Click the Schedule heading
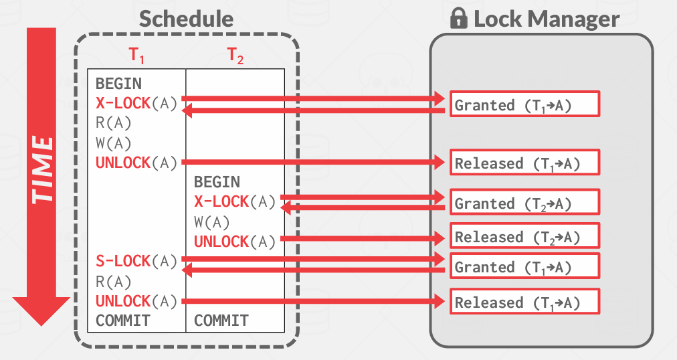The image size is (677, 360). coord(186,19)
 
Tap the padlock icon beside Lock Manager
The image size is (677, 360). coord(458,19)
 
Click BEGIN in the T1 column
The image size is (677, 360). coord(118,84)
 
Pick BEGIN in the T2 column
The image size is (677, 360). coord(217,182)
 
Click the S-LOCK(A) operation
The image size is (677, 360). coord(136,261)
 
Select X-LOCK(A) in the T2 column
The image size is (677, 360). coord(235,201)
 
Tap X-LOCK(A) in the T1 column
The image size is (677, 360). coord(136,103)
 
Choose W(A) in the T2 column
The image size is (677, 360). coord(212,221)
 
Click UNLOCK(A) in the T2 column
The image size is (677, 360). coord(235,241)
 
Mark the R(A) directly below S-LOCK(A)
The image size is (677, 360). coord(114,281)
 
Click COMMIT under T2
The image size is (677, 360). coord(221,321)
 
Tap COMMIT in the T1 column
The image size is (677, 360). coord(122,321)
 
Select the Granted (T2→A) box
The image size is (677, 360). coord(524,203)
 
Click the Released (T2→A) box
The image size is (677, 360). coord(524,236)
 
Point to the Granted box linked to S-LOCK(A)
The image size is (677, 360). coord(524,266)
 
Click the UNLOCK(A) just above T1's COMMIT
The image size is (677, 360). coord(136,301)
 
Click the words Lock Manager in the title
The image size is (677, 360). coord(546,19)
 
